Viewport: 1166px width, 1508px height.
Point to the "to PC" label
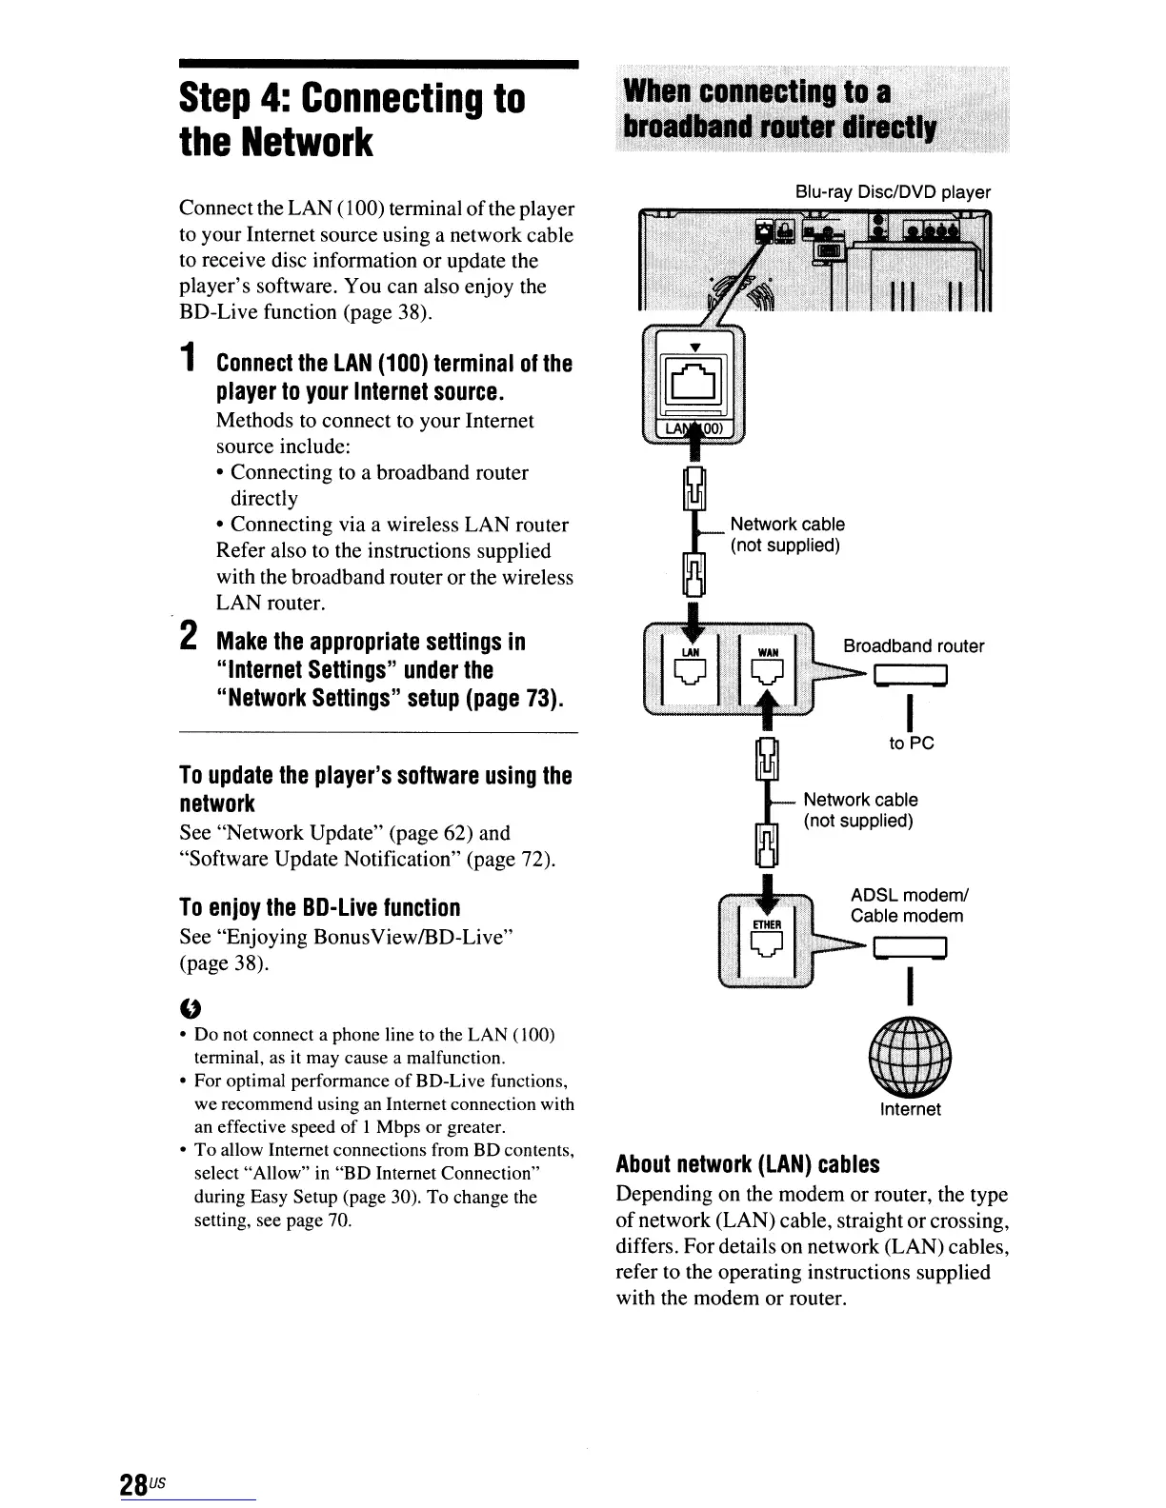911,743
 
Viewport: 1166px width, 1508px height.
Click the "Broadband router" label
914,646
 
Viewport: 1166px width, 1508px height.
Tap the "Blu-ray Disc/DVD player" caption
893,192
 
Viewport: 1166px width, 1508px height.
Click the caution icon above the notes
188,1007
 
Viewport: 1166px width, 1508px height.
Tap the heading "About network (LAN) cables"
748,1164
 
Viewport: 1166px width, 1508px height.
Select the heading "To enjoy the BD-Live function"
319,907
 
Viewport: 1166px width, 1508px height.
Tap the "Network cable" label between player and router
787,525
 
